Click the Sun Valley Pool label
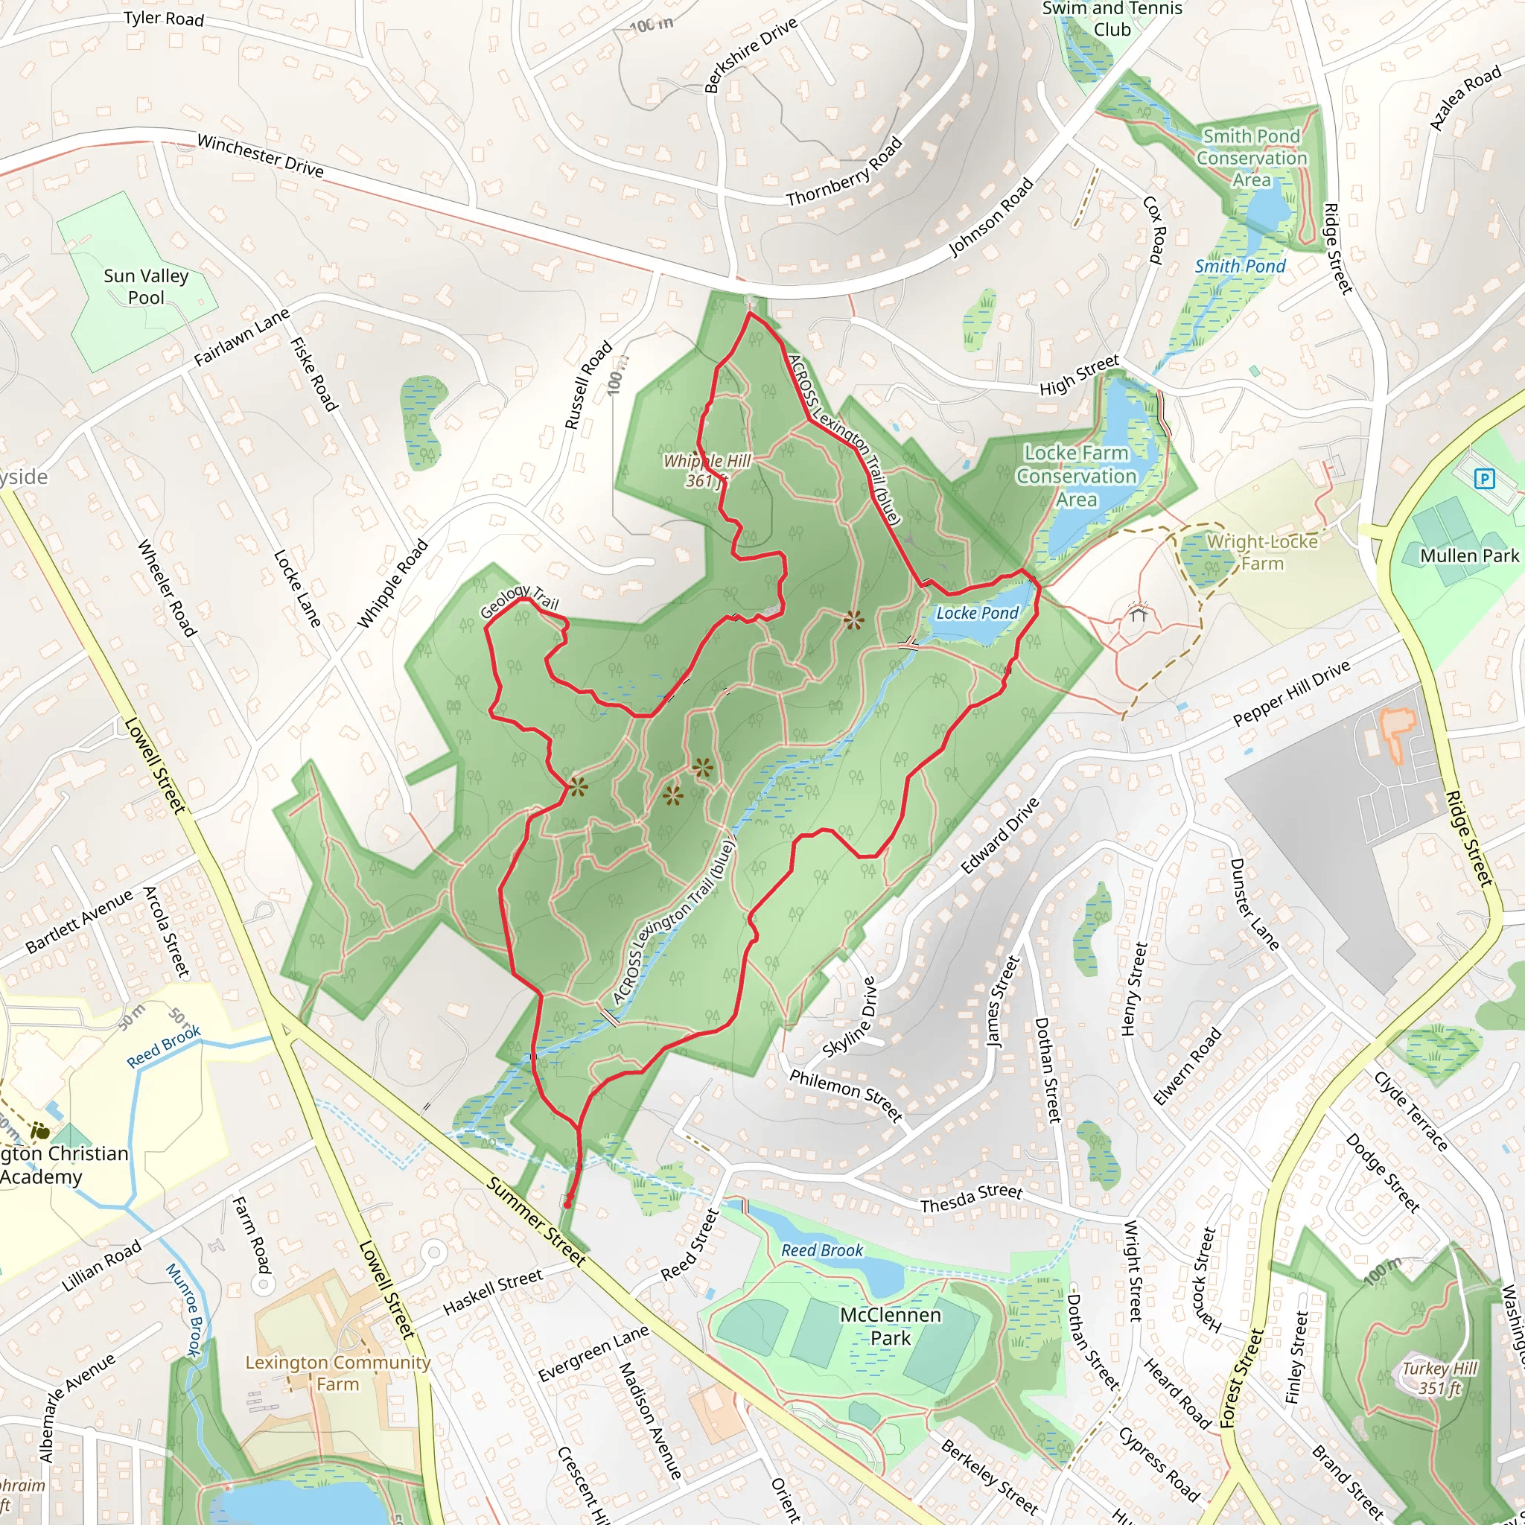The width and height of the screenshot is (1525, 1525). pyautogui.click(x=146, y=287)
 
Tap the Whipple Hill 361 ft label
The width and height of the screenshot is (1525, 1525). pyautogui.click(x=707, y=471)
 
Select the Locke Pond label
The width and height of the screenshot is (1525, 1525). pyautogui.click(x=977, y=613)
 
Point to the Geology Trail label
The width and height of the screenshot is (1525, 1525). pyautogui.click(x=520, y=601)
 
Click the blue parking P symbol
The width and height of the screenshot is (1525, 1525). pyautogui.click(x=1485, y=478)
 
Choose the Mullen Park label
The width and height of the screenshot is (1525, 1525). pyautogui.click(x=1469, y=555)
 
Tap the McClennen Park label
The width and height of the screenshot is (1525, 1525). pyautogui.click(x=891, y=1326)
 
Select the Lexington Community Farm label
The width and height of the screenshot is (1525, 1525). pyautogui.click(x=338, y=1372)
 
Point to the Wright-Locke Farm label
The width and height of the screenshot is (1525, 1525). pyautogui.click(x=1262, y=553)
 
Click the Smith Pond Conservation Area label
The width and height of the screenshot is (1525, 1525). pyautogui.click(x=1251, y=158)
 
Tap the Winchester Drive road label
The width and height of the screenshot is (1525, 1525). pyautogui.click(x=261, y=156)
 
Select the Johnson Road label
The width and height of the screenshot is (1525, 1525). pyautogui.click(x=990, y=217)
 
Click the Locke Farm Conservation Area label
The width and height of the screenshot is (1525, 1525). pyautogui.click(x=1077, y=476)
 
